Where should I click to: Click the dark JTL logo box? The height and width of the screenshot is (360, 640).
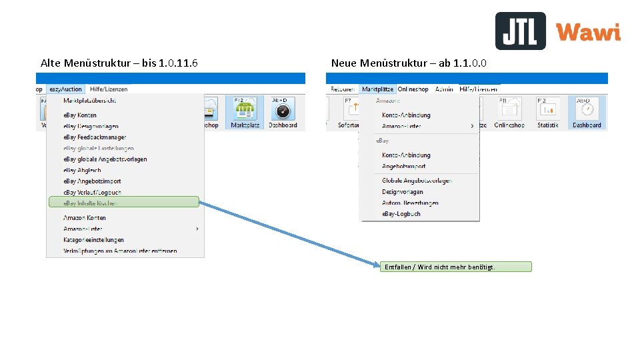point(520,31)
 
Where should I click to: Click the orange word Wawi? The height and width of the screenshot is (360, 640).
point(588,32)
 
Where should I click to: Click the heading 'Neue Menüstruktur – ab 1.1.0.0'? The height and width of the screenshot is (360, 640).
point(409,63)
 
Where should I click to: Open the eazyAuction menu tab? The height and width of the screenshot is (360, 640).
point(65,89)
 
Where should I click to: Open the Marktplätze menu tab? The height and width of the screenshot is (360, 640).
point(377,89)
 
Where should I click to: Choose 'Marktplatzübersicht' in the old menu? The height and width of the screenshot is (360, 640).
point(89,100)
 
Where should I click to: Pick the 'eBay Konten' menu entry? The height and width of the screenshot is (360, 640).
point(80,115)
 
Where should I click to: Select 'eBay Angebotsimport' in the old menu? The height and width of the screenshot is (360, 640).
point(92,181)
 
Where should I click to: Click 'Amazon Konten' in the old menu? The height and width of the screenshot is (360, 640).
point(85,218)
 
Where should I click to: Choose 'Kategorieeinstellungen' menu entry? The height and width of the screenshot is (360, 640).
point(93,240)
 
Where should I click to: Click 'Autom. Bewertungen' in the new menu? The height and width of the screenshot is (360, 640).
point(410,203)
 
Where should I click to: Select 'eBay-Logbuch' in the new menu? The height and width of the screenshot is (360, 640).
point(401,214)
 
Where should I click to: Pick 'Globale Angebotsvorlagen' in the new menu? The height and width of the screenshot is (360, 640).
point(417,181)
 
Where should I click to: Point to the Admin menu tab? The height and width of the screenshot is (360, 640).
point(444,89)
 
